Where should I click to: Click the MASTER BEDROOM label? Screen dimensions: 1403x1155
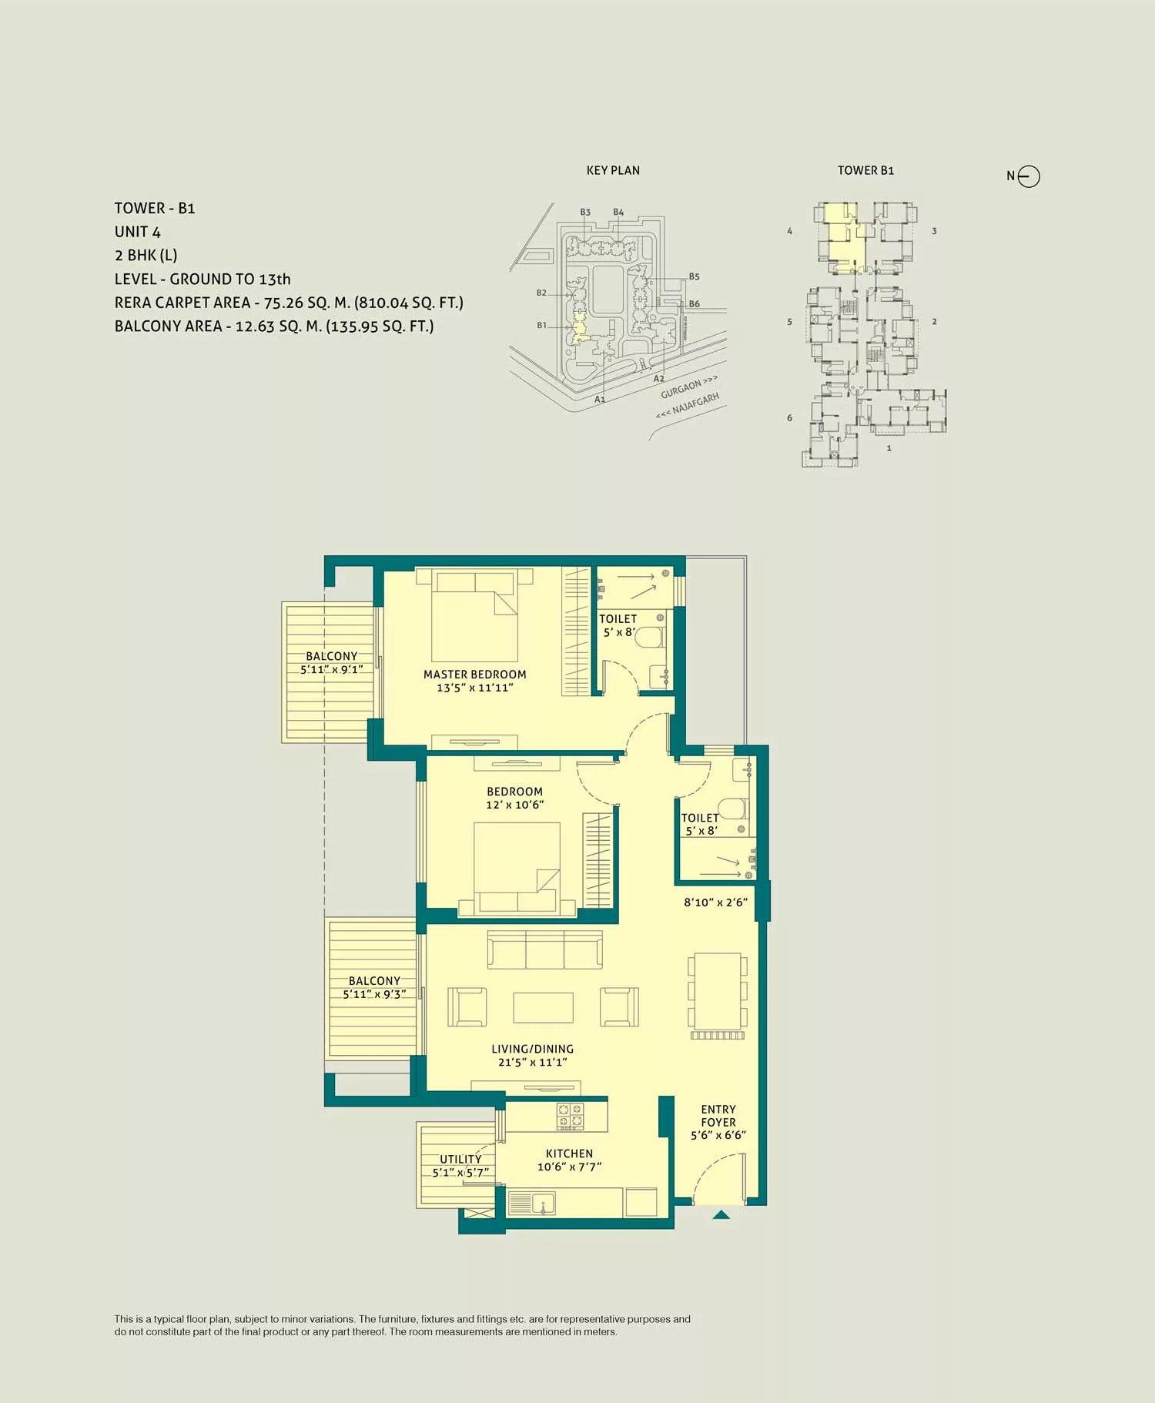coord(474,675)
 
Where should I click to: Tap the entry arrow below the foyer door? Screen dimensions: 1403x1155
coord(721,1215)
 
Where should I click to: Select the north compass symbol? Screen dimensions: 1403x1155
coord(1028,176)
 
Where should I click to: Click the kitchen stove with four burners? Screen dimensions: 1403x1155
coord(571,1116)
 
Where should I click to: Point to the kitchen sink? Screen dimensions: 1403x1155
coord(531,1203)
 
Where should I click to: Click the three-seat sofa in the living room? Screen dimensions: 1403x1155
coord(544,949)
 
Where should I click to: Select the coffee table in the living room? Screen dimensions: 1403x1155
coord(543,1007)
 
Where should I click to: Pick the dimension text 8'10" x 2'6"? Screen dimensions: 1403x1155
coord(715,902)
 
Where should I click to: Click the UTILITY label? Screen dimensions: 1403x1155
coord(460,1159)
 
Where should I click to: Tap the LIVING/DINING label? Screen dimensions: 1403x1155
coord(532,1049)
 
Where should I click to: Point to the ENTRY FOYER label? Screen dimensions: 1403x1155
coord(718,1116)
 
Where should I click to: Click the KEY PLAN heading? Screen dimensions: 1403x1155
coord(613,170)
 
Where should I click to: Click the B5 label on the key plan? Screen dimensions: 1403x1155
coord(694,276)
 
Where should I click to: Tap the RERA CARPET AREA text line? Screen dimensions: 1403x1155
coord(289,303)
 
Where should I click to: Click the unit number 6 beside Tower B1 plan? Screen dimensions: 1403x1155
coord(789,418)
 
